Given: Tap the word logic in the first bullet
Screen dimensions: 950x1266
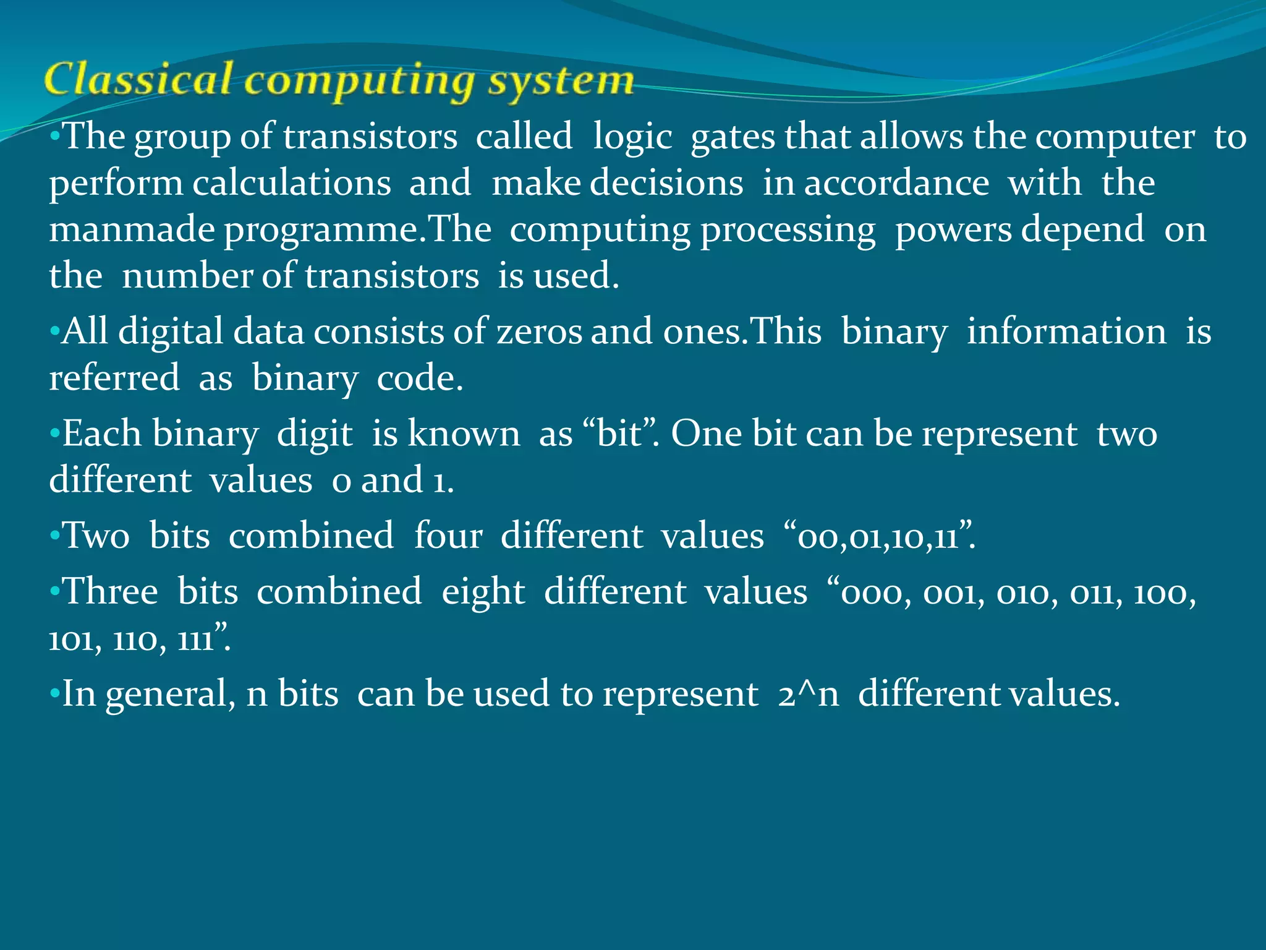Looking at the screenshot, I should [632, 137].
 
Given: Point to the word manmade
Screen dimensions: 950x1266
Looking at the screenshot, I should [131, 229].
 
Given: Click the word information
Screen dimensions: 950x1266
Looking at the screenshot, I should [1066, 332].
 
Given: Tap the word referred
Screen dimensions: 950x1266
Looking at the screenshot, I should [114, 378].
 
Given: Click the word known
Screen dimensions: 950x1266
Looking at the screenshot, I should [464, 434].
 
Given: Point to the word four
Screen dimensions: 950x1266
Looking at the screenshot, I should [448, 535].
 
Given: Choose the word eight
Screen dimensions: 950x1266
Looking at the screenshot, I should [483, 592].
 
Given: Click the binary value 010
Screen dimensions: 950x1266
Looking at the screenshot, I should [1027, 593].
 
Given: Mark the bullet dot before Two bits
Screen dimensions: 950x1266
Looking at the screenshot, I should [54, 534].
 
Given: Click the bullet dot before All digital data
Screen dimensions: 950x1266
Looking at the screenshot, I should [54, 330].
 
